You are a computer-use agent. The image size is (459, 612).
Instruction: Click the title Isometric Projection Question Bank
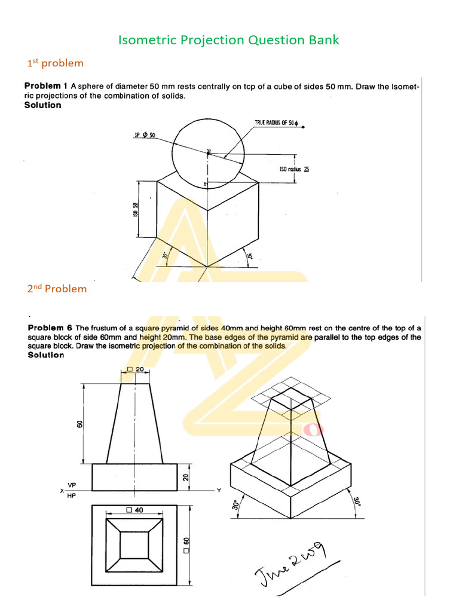pyautogui.click(x=229, y=40)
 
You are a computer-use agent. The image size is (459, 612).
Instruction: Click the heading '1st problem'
pyautogui.click(x=56, y=63)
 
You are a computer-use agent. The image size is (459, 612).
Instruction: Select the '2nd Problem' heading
pyautogui.click(x=57, y=289)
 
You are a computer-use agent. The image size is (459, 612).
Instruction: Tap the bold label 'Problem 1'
pyautogui.click(x=46, y=85)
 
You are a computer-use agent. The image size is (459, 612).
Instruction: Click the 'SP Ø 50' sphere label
pyautogui.click(x=145, y=134)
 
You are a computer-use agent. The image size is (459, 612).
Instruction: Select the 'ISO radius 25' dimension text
pyautogui.click(x=294, y=169)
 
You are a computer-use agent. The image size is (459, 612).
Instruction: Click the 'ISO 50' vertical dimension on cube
pyautogui.click(x=136, y=210)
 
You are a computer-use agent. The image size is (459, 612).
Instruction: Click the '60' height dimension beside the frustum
pyautogui.click(x=79, y=424)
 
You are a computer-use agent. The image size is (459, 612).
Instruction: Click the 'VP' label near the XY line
pyautogui.click(x=72, y=484)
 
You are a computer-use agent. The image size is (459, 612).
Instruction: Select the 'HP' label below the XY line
pyautogui.click(x=72, y=495)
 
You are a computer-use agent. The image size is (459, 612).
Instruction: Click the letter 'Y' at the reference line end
pyautogui.click(x=219, y=491)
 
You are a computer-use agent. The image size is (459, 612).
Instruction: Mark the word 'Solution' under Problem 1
pyautogui.click(x=42, y=105)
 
